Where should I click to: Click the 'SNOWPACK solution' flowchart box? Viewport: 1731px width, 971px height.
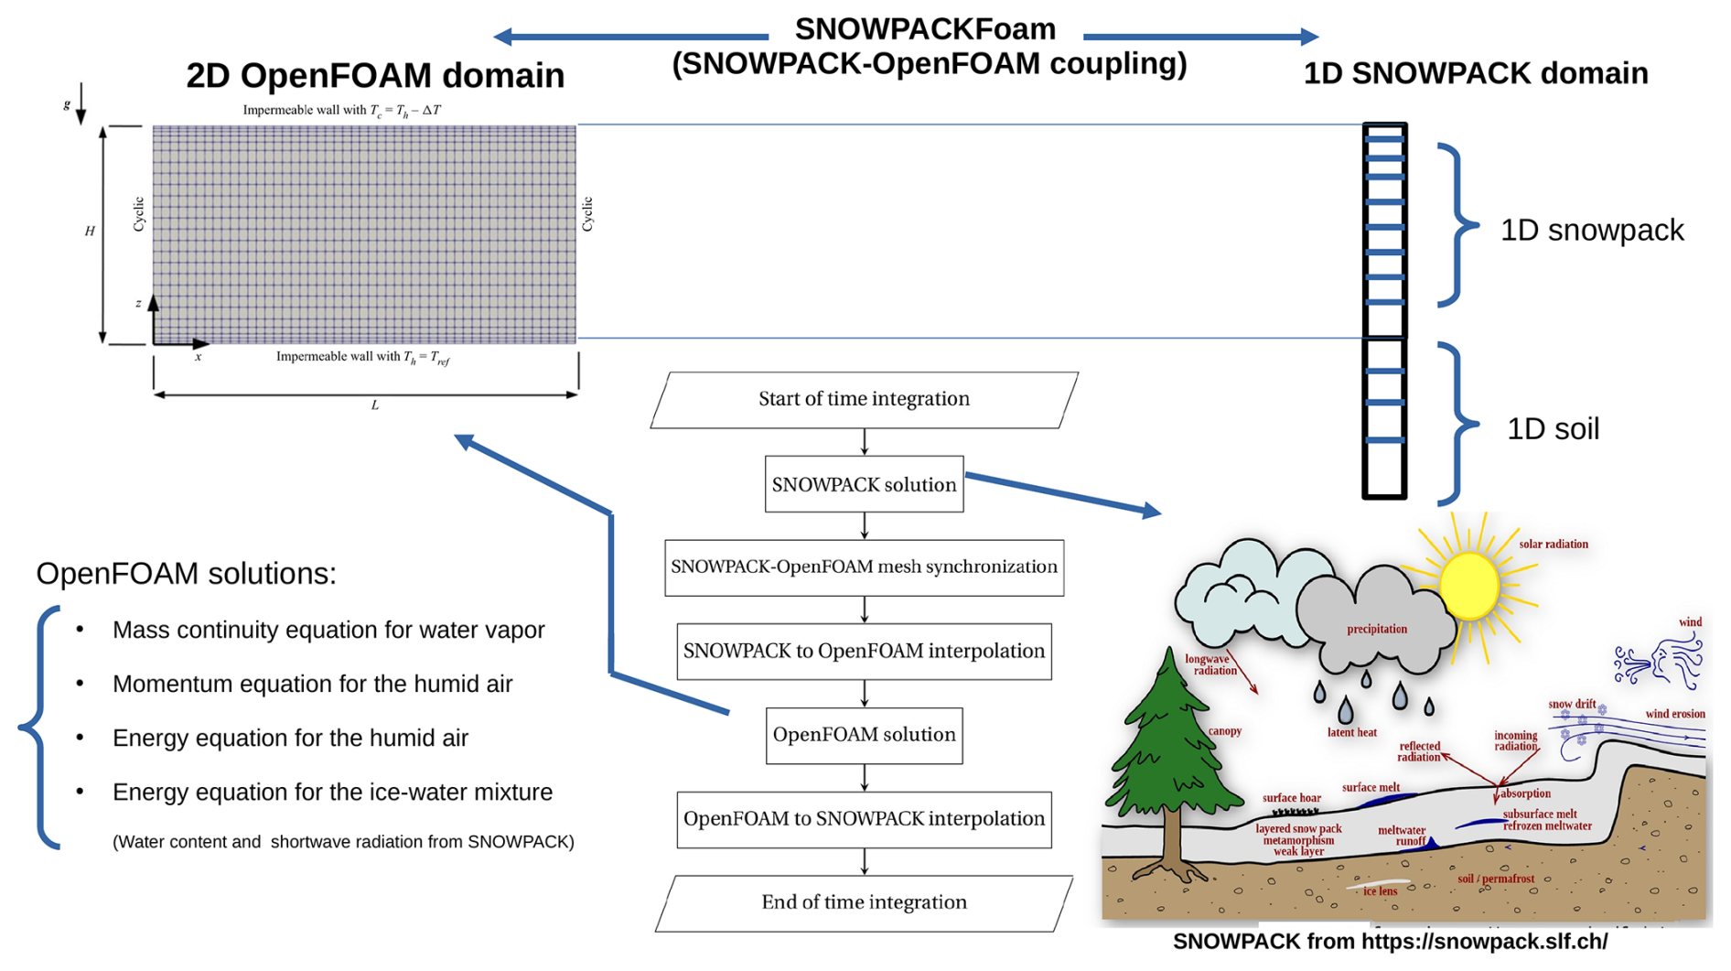point(864,484)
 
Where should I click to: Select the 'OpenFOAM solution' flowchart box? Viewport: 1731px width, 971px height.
point(864,735)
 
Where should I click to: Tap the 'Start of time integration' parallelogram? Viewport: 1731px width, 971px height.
point(864,399)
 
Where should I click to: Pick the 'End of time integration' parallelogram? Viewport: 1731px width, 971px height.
point(864,902)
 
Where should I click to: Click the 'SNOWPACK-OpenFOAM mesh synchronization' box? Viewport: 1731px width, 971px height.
point(864,567)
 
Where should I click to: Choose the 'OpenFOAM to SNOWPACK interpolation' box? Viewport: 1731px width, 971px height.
point(864,819)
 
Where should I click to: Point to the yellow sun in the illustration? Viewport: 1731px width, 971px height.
point(1468,586)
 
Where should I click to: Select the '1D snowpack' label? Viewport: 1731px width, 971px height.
point(1591,231)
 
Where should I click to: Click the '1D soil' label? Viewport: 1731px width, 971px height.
point(1553,429)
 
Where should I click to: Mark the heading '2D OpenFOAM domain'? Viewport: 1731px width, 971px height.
point(375,76)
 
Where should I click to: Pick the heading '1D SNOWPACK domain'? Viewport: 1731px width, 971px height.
point(1475,73)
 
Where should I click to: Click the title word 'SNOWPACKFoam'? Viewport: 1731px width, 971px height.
point(925,29)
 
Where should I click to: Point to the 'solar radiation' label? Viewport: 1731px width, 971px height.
point(1553,545)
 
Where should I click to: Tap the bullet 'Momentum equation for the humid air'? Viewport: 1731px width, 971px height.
point(312,684)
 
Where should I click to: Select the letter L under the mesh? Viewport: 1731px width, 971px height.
point(374,405)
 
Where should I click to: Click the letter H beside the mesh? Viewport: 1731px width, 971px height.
point(90,232)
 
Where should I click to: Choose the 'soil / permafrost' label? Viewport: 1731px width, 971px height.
point(1495,879)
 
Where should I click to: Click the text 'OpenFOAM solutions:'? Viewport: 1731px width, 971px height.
point(186,574)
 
